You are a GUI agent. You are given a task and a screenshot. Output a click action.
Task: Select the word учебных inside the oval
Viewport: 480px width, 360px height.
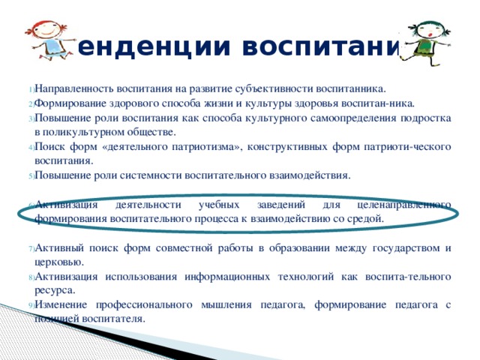pyautogui.click(x=219, y=205)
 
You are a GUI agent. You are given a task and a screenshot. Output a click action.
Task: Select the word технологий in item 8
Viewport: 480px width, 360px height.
pyautogui.click(x=334, y=276)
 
